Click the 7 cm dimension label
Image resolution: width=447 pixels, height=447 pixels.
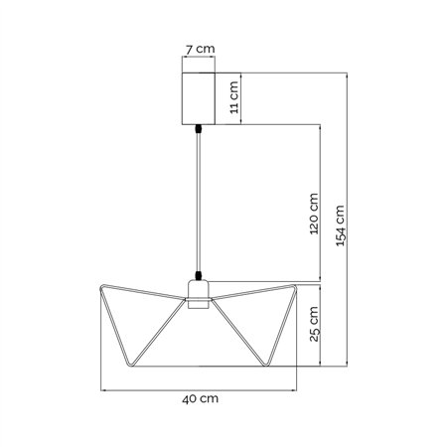click(200, 49)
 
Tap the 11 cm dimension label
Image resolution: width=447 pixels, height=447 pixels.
click(234, 97)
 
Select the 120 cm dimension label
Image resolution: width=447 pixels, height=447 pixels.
click(314, 214)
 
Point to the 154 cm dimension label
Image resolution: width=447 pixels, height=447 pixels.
click(340, 225)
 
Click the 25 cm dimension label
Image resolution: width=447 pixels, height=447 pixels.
click(314, 324)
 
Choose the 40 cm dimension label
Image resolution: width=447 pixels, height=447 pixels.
click(200, 398)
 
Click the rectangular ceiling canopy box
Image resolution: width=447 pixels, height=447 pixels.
click(199, 98)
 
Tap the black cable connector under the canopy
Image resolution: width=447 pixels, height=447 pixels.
click(199, 128)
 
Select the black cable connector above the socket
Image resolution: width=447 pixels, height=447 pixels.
click(199, 275)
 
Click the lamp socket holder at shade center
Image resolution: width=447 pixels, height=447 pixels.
click(199, 294)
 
